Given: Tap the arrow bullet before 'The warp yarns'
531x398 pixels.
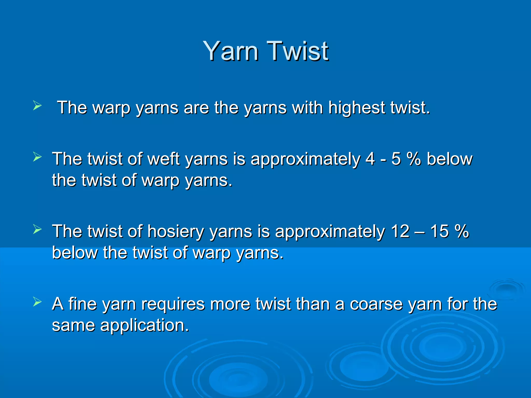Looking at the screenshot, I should tap(37, 106).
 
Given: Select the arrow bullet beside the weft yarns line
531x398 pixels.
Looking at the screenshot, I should tap(37, 157).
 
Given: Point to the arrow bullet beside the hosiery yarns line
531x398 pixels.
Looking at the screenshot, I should tap(37, 229).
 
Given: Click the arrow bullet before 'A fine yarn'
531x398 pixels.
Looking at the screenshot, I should tap(37, 302).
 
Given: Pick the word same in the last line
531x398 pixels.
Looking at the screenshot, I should tap(73, 325).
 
